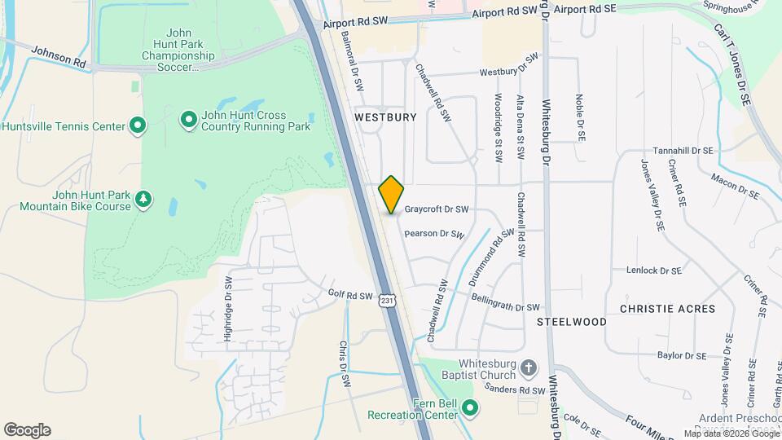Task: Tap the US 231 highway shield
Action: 388,301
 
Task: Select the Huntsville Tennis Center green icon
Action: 138,125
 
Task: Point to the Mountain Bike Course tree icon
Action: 143,200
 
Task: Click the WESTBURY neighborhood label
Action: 386,117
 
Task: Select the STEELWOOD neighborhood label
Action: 572,322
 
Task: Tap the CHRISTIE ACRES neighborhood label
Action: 667,309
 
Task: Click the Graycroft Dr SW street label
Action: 437,209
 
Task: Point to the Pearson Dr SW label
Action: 434,234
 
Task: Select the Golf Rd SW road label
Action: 350,296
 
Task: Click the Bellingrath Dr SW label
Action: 505,303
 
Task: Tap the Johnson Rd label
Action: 59,56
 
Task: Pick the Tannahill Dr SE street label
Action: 683,151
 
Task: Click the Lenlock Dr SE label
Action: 653,270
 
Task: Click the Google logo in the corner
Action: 27,430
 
